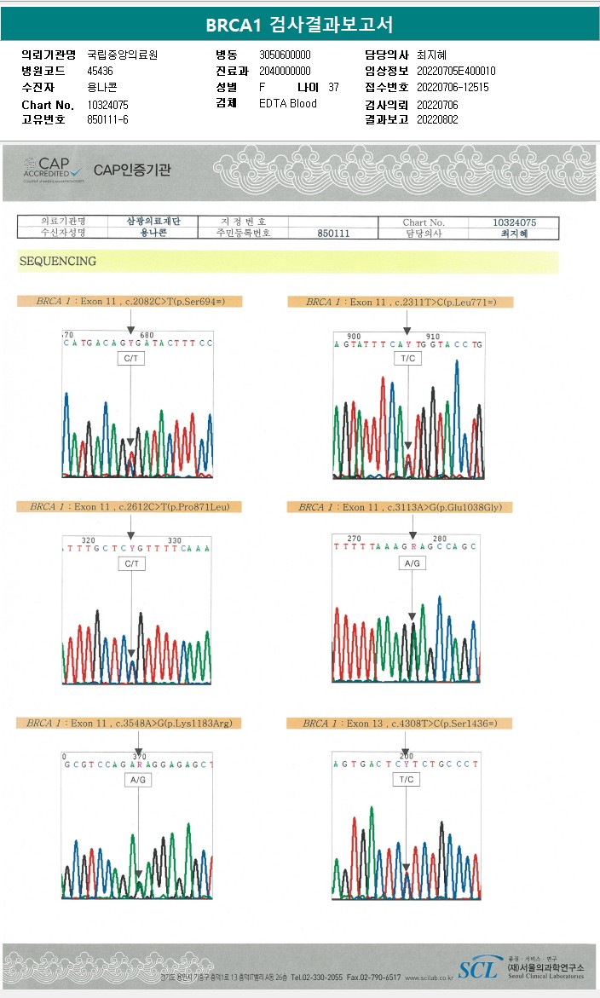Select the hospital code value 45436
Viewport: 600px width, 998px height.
101,71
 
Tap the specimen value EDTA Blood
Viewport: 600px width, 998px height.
288,103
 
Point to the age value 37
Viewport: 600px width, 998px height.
333,87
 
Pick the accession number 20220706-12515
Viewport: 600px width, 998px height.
453,87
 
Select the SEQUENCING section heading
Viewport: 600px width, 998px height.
58,262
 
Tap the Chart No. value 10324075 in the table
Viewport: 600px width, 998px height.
515,222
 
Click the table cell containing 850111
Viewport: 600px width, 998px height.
333,234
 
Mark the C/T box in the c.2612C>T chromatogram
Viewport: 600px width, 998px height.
131,564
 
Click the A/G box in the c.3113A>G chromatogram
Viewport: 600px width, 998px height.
412,563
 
